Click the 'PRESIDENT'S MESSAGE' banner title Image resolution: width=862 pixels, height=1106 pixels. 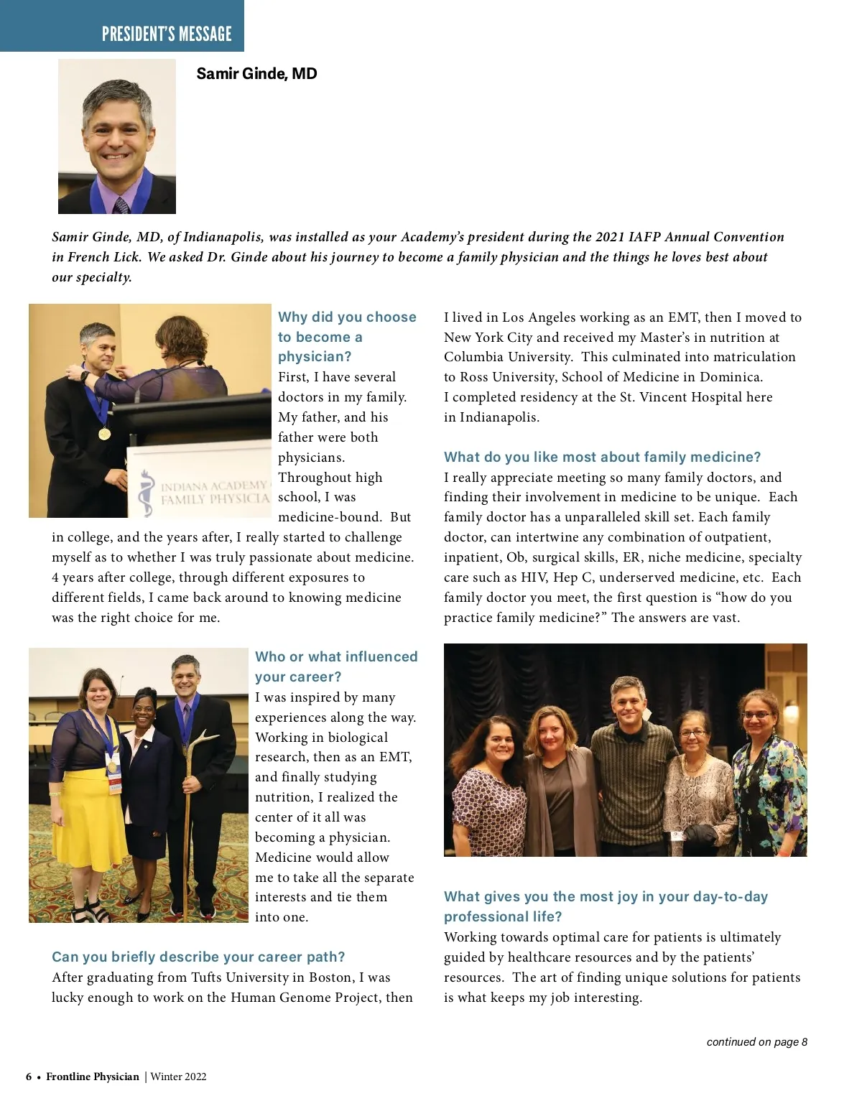click(x=167, y=34)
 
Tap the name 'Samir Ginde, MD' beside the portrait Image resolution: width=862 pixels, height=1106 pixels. click(x=256, y=74)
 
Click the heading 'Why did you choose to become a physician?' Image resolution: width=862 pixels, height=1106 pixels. click(x=347, y=336)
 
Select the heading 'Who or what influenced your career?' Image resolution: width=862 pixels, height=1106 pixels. click(x=336, y=666)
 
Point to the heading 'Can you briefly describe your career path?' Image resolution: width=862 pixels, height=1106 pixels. click(x=198, y=957)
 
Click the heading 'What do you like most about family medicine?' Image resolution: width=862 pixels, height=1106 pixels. click(x=602, y=457)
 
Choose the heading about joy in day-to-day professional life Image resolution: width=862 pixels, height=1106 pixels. click(x=606, y=906)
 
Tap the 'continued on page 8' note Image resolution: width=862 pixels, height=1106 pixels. click(x=756, y=1041)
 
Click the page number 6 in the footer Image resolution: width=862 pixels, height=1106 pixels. click(x=29, y=1077)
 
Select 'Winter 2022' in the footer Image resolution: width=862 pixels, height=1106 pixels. click(x=178, y=1077)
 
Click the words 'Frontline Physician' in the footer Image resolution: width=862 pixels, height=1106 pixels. click(x=93, y=1077)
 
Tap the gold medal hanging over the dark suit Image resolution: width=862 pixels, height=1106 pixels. click(x=105, y=433)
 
